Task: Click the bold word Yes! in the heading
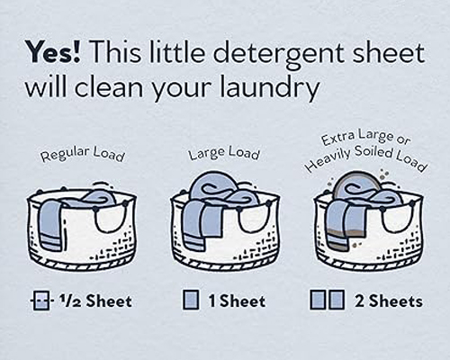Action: point(53,53)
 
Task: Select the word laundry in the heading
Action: point(269,87)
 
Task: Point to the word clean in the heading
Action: point(109,87)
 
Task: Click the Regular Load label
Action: point(83,154)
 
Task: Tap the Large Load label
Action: point(224,153)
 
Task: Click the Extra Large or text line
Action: point(365,139)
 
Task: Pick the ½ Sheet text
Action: point(95,301)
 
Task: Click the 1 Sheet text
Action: point(237,301)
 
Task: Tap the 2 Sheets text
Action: point(389,301)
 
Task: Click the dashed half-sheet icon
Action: point(41,301)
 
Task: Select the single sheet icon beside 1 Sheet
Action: point(191,300)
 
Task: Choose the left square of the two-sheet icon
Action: point(318,300)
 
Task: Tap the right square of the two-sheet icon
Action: point(337,300)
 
